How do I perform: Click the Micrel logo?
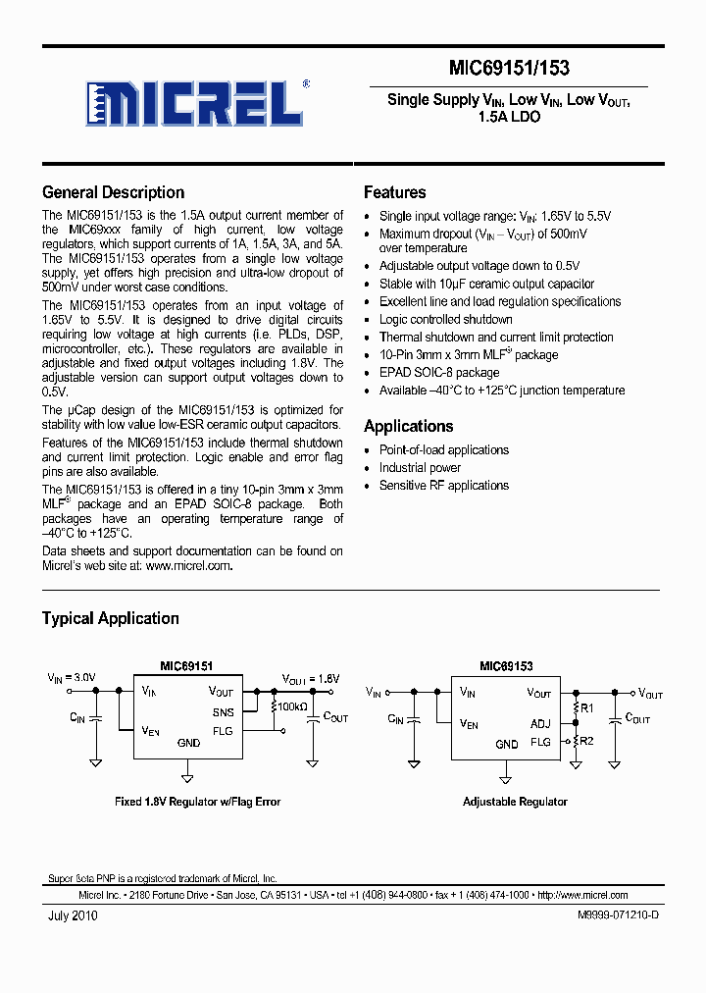[x=192, y=102]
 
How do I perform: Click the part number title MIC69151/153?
[x=509, y=68]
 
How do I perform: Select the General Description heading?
[x=113, y=192]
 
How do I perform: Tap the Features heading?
[x=394, y=192]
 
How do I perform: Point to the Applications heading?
[x=408, y=426]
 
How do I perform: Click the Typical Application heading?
[x=110, y=618]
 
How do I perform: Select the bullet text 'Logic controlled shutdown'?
[x=445, y=319]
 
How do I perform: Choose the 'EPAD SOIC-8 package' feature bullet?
[x=439, y=372]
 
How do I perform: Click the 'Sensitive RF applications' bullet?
[x=443, y=486]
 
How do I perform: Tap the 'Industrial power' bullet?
[x=420, y=468]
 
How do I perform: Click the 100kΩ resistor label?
[x=292, y=706]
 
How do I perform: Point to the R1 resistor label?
[x=586, y=707]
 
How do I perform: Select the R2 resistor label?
[x=586, y=741]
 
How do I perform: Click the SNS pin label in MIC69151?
[x=223, y=712]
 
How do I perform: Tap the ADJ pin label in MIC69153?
[x=540, y=724]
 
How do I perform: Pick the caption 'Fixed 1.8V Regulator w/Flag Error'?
[x=198, y=802]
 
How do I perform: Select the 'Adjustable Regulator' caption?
[x=515, y=802]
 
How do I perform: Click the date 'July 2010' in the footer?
[x=72, y=915]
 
